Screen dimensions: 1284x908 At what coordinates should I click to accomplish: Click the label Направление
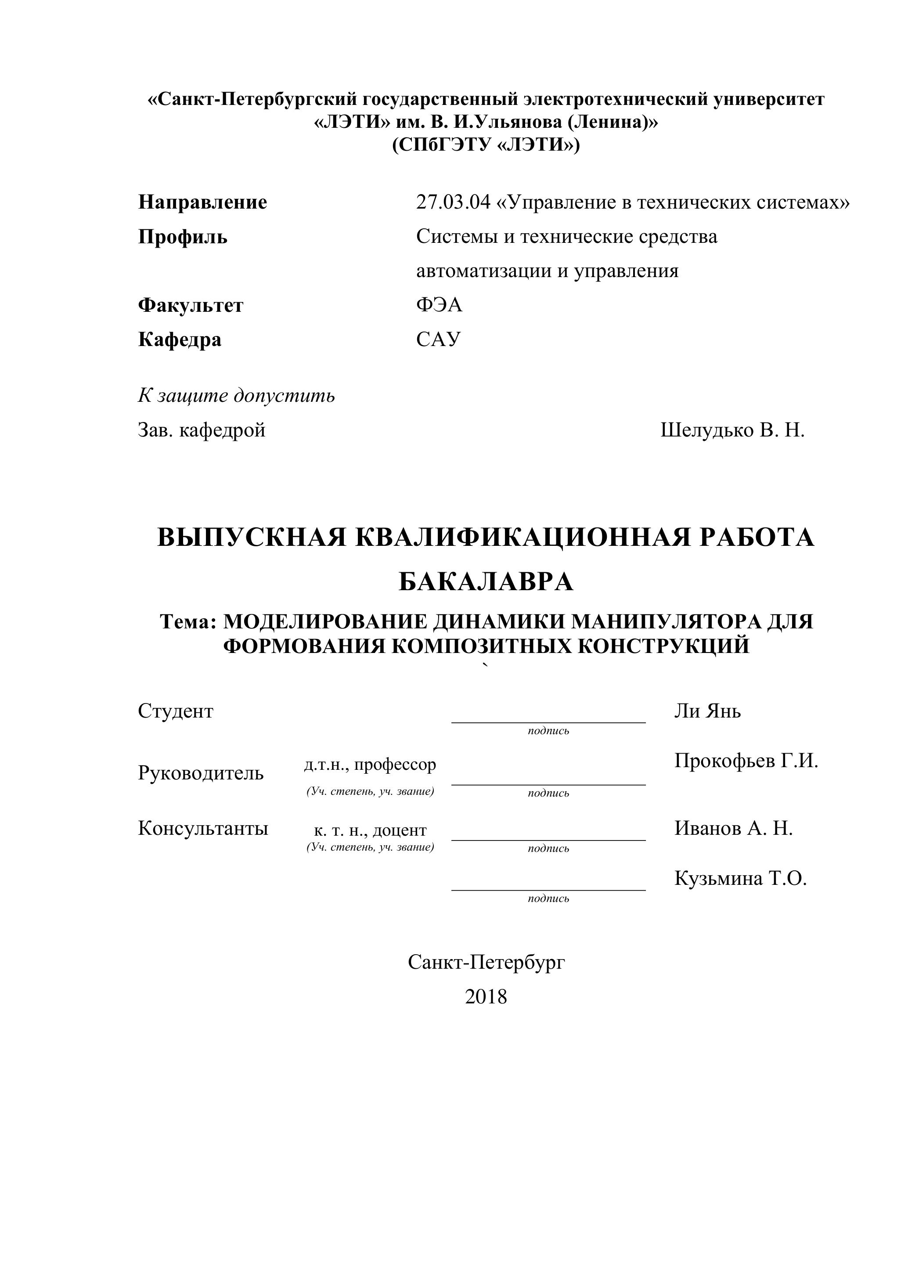(x=202, y=202)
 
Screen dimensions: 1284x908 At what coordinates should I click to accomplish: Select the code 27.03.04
(x=452, y=202)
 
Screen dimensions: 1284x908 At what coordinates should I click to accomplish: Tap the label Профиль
(x=182, y=237)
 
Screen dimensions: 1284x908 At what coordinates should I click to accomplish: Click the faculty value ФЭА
(x=439, y=305)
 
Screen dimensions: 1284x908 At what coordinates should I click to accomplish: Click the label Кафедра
(x=180, y=339)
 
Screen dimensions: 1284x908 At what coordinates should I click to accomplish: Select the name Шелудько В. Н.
(x=732, y=430)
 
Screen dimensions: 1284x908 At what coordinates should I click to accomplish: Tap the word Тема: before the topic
(x=188, y=621)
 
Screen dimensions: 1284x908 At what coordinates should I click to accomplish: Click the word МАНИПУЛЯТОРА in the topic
(x=665, y=621)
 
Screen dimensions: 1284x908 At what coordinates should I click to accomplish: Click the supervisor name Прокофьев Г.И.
(x=746, y=761)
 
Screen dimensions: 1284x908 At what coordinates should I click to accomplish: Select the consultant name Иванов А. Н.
(x=733, y=828)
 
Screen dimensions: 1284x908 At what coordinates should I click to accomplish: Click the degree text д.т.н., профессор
(x=370, y=764)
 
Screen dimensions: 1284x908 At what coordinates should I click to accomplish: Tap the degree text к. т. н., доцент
(x=370, y=830)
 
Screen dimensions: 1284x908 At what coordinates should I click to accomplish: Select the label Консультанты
(x=203, y=828)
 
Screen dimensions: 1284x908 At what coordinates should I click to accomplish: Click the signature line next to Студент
(x=548, y=721)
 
